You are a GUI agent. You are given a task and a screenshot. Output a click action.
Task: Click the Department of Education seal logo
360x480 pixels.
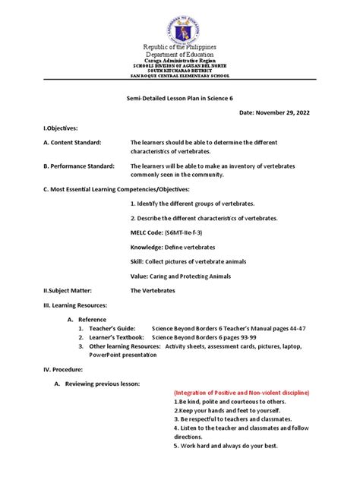(x=180, y=23)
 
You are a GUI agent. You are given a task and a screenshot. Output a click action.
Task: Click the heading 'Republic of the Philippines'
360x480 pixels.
(x=180, y=47)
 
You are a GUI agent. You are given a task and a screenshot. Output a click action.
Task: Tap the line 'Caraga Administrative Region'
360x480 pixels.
(x=180, y=61)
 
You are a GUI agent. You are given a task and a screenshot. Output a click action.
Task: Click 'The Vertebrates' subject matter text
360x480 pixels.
(x=154, y=290)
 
